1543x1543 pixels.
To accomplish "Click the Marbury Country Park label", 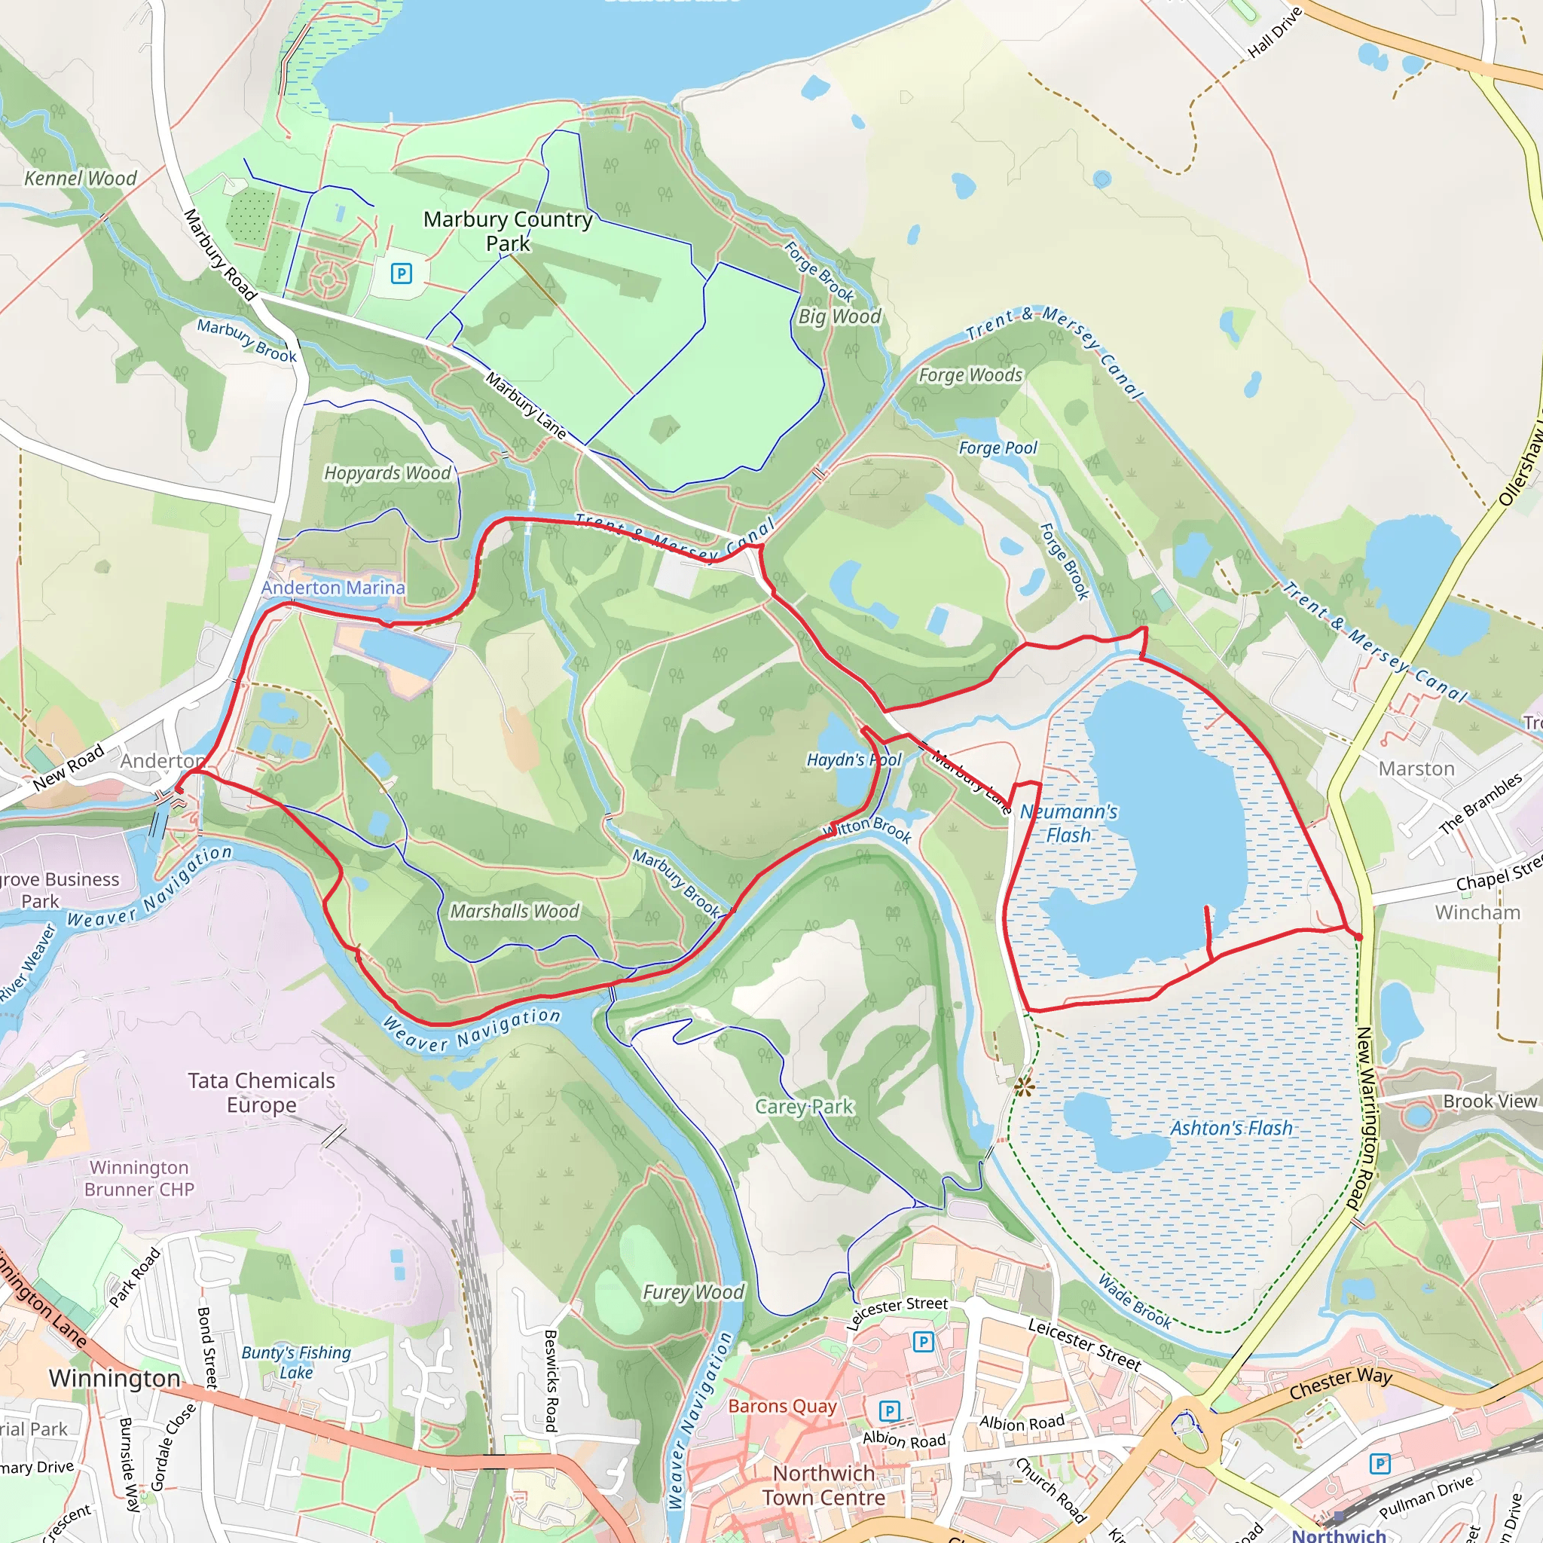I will [x=508, y=231].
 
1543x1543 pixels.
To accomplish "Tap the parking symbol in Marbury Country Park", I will [x=401, y=274].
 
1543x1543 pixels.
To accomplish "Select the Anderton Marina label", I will [x=333, y=588].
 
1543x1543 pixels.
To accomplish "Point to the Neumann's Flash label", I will [x=1068, y=823].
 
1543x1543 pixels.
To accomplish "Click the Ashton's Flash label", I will [x=1231, y=1128].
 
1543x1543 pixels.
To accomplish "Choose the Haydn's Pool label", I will [x=853, y=759].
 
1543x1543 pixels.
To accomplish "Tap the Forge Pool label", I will [x=998, y=448].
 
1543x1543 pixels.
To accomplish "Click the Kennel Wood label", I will [x=80, y=178].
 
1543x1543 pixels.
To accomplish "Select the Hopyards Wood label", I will [x=387, y=473].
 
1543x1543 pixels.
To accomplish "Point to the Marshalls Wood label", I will [x=515, y=912].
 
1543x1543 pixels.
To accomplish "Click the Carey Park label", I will [x=804, y=1106].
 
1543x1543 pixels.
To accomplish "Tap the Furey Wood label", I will [x=693, y=1291].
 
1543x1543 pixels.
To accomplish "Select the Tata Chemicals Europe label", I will [x=261, y=1092].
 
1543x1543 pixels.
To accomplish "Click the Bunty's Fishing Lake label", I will [x=296, y=1362].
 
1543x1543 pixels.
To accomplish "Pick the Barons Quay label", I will [x=782, y=1406].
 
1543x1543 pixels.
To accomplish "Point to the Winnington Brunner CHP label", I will [x=139, y=1178].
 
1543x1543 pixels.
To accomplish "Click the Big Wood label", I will [x=839, y=317].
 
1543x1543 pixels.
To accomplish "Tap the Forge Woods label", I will [x=970, y=375].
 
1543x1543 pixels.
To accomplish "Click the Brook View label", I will [x=1490, y=1101].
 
